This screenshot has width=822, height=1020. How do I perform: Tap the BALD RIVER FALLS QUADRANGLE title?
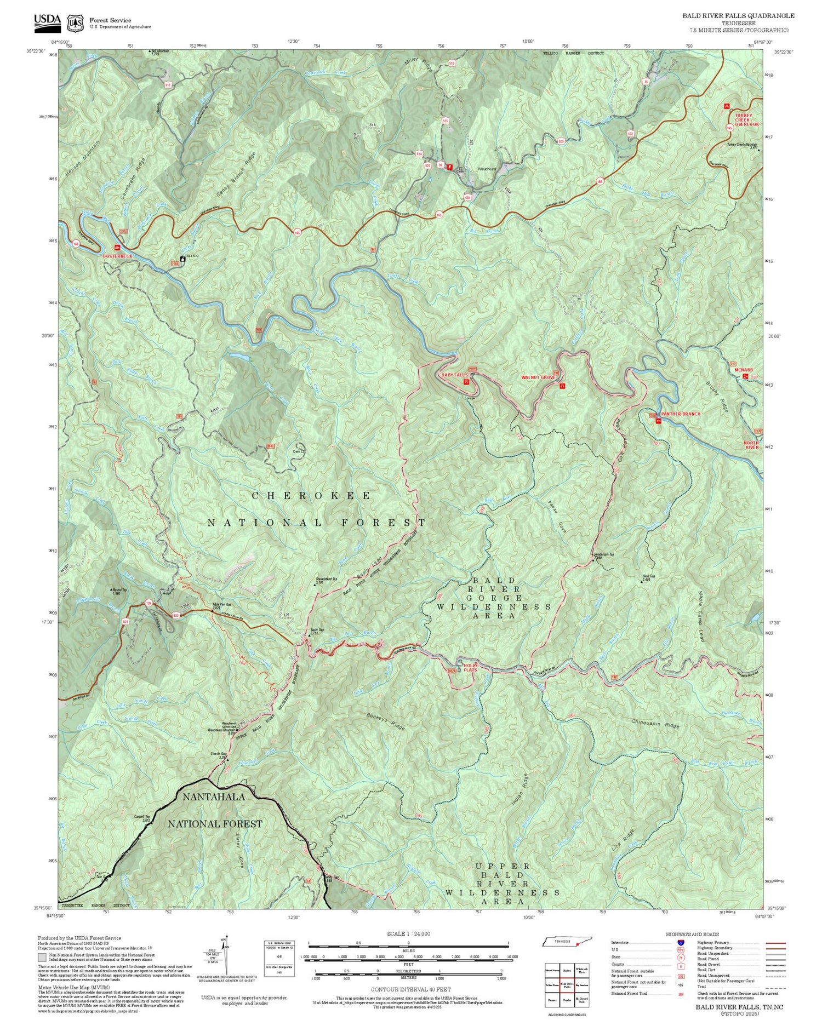tap(738, 16)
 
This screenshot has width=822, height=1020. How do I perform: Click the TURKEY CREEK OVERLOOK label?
tap(747, 120)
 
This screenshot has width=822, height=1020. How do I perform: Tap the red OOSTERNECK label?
tap(117, 256)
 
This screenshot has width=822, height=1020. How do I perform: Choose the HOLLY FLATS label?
tap(471, 667)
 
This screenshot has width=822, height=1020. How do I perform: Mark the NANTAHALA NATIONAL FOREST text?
tap(215, 810)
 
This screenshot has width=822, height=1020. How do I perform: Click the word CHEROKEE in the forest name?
tap(311, 496)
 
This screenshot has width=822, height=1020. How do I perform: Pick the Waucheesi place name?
tap(487, 169)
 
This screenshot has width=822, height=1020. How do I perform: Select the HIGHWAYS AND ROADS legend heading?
tap(692, 935)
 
